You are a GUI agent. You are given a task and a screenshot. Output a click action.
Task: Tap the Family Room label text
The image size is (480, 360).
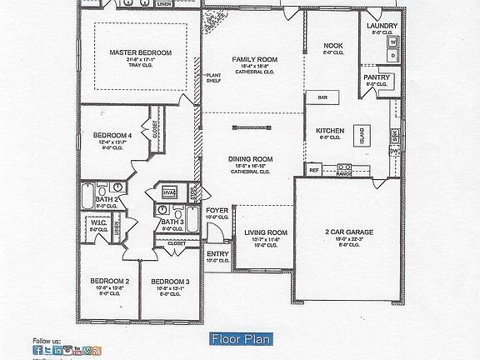coord(254,60)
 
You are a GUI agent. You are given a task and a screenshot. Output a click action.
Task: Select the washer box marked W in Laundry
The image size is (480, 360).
coord(391,41)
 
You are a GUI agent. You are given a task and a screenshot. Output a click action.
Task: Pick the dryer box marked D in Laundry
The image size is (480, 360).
coord(391,57)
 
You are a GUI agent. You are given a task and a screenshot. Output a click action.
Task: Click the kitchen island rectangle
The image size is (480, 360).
coord(362,134)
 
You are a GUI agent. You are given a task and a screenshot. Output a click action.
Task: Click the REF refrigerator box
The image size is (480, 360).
coord(314,170)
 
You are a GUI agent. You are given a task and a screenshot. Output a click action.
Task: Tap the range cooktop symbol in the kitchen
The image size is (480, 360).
coord(342,171)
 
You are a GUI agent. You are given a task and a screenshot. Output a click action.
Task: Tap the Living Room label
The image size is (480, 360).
coord(266,232)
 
